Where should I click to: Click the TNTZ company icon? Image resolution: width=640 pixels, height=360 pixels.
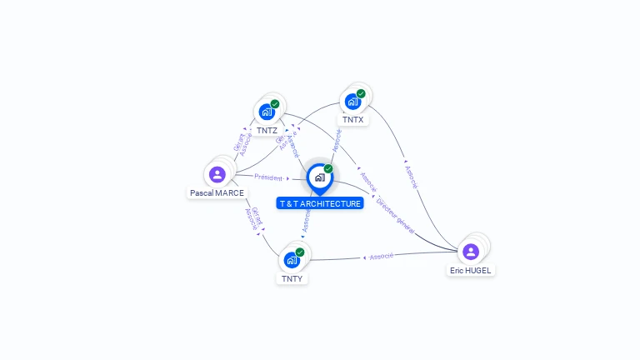click(267, 112)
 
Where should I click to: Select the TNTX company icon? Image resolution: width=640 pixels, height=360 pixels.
click(352, 101)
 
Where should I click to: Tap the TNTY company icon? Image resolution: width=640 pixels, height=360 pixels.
click(292, 259)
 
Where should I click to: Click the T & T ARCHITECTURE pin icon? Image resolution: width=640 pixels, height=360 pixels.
click(319, 177)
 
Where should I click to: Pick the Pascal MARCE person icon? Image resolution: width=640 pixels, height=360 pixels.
click(217, 174)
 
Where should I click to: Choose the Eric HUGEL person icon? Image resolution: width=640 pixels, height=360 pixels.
click(471, 251)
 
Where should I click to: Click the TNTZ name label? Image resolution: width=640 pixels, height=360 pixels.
click(267, 131)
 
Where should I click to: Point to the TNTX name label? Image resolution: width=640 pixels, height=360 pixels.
click(352, 120)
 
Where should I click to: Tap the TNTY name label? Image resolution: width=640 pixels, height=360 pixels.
click(292, 278)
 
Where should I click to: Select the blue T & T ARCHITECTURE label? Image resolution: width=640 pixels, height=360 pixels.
click(320, 203)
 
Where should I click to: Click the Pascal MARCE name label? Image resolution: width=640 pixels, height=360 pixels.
click(217, 192)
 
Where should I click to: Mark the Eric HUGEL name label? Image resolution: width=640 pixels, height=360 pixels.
click(471, 270)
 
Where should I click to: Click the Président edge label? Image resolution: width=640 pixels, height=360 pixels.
click(268, 177)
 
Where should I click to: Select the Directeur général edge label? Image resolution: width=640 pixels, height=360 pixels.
click(395, 214)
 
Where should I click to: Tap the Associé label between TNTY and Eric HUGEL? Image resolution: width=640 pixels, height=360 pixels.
click(382, 257)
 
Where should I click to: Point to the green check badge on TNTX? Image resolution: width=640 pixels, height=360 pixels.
click(361, 93)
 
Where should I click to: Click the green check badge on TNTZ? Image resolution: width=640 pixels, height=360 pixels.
click(275, 104)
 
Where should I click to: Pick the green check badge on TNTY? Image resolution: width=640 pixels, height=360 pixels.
click(300, 252)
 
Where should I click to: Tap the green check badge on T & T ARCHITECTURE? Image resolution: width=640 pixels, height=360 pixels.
click(328, 168)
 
